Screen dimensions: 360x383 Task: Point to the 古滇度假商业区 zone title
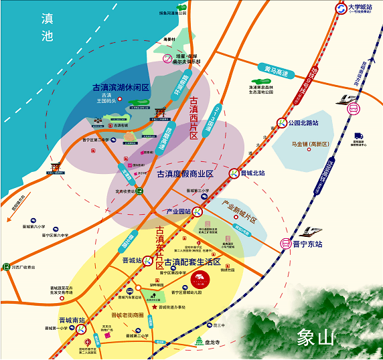[185, 174]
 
